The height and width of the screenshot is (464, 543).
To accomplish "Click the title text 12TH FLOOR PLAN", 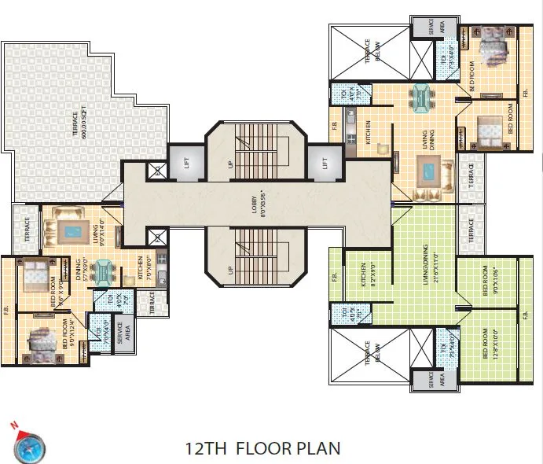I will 262,448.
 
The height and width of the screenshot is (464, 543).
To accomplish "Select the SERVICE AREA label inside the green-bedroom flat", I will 431,381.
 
